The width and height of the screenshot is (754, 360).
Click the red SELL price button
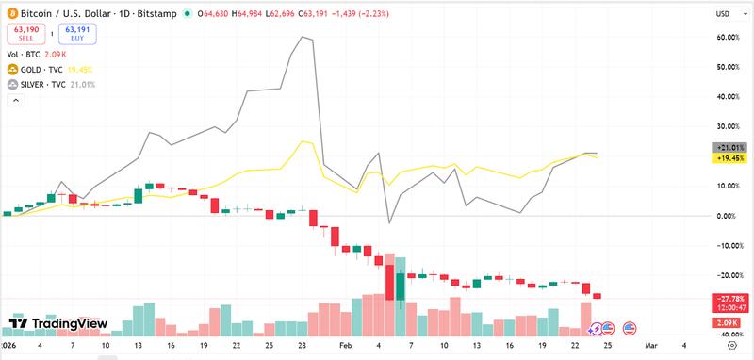click(30, 35)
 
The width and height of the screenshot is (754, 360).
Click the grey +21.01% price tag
click(730, 148)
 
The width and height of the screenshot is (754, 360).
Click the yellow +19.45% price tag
click(730, 158)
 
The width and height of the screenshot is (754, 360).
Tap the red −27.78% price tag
click(730, 298)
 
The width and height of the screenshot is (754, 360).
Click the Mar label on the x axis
click(651, 346)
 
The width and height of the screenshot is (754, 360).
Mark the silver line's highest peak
click(303, 38)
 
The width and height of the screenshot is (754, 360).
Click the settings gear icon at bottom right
click(730, 346)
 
